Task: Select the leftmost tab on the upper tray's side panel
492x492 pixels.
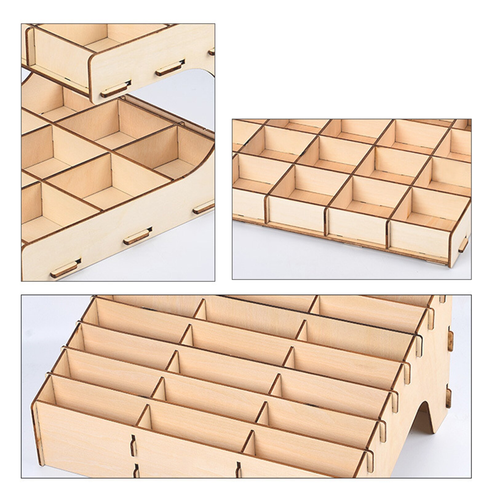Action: [115, 89]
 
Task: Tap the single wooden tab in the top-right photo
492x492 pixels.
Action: [463, 244]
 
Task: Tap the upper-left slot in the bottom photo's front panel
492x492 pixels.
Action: [133, 445]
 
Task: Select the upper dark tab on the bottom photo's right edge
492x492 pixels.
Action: [450, 341]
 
